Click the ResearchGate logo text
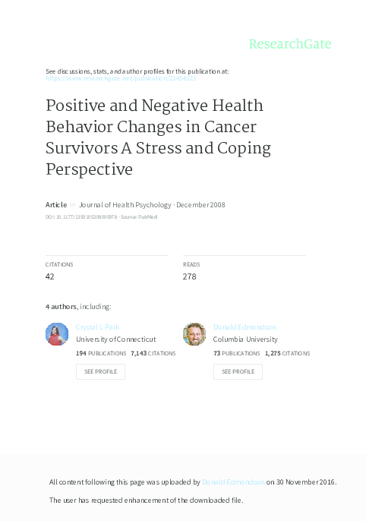click(x=290, y=44)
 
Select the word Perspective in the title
click(x=89, y=169)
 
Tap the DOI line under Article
click(x=94, y=217)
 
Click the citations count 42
click(x=50, y=276)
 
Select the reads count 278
click(x=190, y=276)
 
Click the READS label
click(x=191, y=264)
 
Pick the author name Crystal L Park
click(x=99, y=327)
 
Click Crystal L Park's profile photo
click(x=57, y=334)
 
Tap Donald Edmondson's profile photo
click(x=194, y=334)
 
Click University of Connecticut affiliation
click(x=116, y=339)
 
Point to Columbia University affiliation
click(x=245, y=339)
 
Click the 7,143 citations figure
click(x=140, y=353)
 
